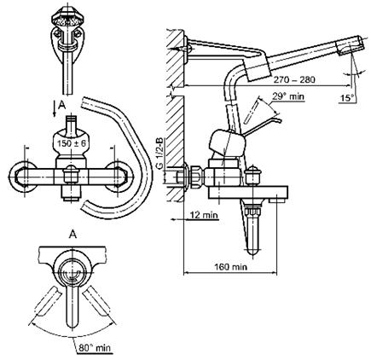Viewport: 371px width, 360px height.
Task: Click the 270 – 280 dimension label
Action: [294, 79]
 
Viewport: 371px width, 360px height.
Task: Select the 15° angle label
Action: [347, 98]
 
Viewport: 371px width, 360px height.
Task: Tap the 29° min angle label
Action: [288, 96]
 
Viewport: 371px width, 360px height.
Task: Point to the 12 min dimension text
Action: [204, 215]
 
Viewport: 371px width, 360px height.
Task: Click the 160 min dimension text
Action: [230, 267]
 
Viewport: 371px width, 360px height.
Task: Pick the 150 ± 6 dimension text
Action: [71, 143]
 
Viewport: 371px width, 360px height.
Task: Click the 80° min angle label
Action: [95, 347]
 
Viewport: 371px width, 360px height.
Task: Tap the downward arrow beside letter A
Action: [55, 110]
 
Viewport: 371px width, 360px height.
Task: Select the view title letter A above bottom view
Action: [73, 235]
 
